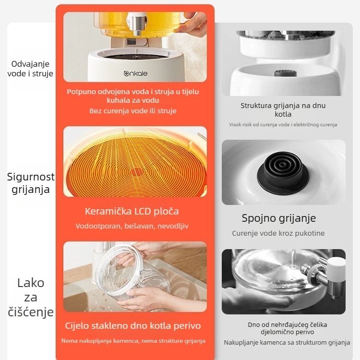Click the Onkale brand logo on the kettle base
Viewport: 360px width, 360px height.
coord(135,73)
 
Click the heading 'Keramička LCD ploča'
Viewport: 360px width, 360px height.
coord(132,212)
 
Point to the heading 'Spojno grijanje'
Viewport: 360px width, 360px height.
coord(279,218)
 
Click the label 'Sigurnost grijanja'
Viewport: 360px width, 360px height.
coord(31,183)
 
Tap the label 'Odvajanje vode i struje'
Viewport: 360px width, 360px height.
coord(30,69)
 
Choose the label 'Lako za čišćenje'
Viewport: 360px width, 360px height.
coord(31,297)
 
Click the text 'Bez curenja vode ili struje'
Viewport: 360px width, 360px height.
coord(132,111)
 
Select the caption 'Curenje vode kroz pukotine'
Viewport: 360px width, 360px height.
coord(278,233)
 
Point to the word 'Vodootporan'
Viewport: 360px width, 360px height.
coord(99,226)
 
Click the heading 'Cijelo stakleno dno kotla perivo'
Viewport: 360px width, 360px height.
coord(132,326)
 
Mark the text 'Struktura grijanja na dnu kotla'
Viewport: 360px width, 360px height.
coord(283,110)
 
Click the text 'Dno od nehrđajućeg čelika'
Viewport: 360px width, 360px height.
coord(287,324)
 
